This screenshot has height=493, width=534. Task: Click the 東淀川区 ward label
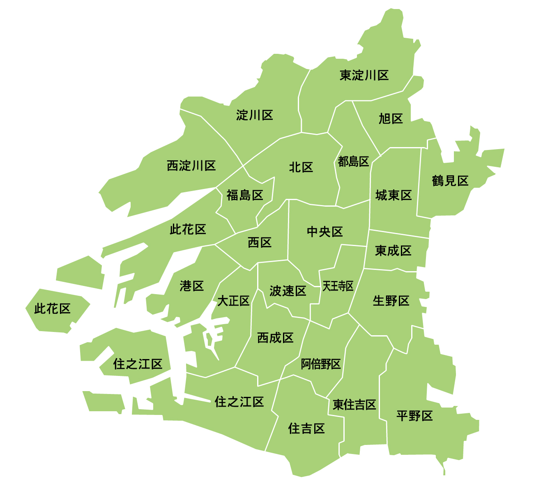click(364, 75)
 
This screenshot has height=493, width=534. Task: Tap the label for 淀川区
click(255, 115)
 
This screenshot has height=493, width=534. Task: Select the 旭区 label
click(391, 119)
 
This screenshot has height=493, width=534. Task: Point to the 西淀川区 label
click(191, 166)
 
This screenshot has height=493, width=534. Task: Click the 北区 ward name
click(301, 167)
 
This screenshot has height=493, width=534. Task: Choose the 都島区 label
click(353, 161)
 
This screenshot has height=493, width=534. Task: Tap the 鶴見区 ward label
click(450, 180)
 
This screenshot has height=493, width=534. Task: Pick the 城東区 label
click(394, 195)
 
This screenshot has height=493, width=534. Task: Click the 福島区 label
click(245, 195)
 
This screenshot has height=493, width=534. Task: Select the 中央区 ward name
click(325, 232)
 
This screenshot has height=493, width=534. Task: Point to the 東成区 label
click(393, 251)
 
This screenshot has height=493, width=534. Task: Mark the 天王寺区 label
click(338, 286)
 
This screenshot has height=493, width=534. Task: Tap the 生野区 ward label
click(391, 301)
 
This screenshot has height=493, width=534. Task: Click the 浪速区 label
click(288, 291)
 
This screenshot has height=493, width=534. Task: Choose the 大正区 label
click(233, 301)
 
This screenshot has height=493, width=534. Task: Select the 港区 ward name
click(192, 286)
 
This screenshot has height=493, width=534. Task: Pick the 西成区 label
click(275, 338)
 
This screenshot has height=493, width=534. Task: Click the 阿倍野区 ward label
click(321, 364)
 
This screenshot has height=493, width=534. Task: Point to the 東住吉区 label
click(354, 405)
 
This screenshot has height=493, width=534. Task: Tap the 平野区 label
click(415, 416)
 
